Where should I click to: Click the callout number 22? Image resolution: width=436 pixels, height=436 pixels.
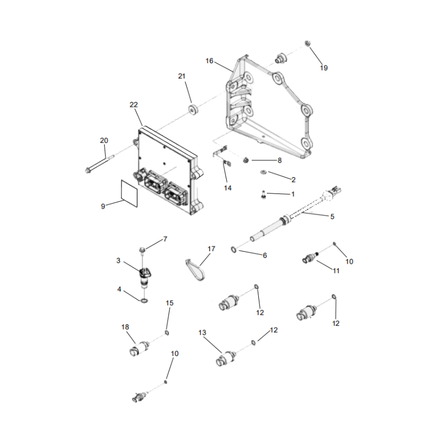coord(134,105)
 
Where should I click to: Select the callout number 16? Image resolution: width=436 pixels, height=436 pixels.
coord(209,60)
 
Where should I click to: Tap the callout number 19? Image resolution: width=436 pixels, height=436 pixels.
coord(324,68)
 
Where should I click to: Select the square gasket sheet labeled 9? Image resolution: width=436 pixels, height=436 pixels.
coord(129,193)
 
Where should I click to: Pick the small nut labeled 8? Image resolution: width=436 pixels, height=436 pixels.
coord(246,160)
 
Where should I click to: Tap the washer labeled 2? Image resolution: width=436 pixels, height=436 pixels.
coord(263,172)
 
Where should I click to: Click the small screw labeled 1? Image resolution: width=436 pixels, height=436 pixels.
coord(263,195)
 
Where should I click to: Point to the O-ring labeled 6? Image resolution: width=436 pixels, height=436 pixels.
coord(234,250)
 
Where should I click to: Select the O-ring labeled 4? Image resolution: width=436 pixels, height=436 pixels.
coord(144,301)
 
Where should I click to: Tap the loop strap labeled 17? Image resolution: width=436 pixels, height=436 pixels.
coord(195,269)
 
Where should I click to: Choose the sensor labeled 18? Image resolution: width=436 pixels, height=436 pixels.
coord(140,348)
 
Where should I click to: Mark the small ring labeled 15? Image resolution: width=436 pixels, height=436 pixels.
coord(167,333)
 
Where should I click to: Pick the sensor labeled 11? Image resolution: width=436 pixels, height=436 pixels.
coord(310,257)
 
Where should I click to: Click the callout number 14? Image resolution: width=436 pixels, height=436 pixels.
coord(227,188)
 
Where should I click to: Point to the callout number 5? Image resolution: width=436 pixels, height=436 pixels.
coord(332,216)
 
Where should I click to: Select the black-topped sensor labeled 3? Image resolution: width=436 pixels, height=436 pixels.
coord(145,276)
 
